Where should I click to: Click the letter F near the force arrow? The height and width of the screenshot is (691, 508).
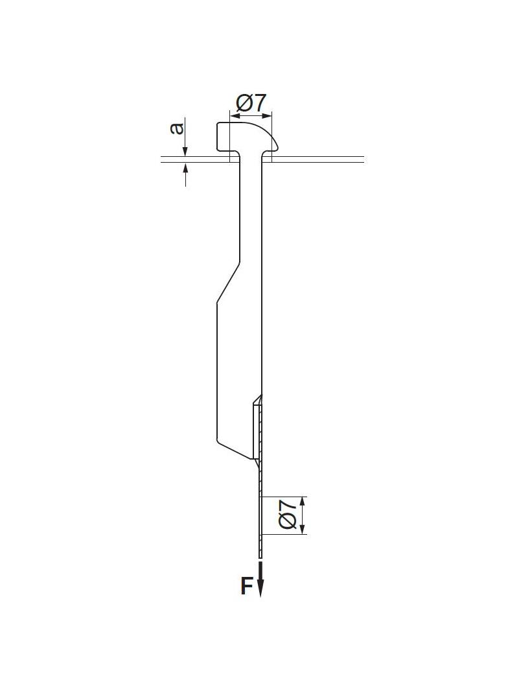pyautogui.click(x=247, y=586)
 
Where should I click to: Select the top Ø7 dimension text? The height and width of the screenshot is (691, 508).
pyautogui.click(x=251, y=102)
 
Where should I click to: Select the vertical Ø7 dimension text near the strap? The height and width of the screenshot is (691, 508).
pyautogui.click(x=288, y=515)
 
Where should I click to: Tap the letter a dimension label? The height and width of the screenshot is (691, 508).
pyautogui.click(x=176, y=128)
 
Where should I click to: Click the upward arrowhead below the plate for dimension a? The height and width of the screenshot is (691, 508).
pyautogui.click(x=185, y=167)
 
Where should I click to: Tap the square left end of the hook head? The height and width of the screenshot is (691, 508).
pyautogui.click(x=218, y=137)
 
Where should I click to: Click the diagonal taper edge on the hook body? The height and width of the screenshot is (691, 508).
pyautogui.click(x=228, y=283)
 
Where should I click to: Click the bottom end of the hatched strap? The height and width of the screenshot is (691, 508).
pyautogui.click(x=260, y=556)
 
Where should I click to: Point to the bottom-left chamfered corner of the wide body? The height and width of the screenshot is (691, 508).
pyautogui.click(x=219, y=443)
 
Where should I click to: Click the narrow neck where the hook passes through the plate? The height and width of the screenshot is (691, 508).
pyautogui.click(x=251, y=158)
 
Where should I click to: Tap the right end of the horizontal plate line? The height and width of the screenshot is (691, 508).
pyautogui.click(x=363, y=159)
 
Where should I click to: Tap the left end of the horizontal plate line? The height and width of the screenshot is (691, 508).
pyautogui.click(x=163, y=159)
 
